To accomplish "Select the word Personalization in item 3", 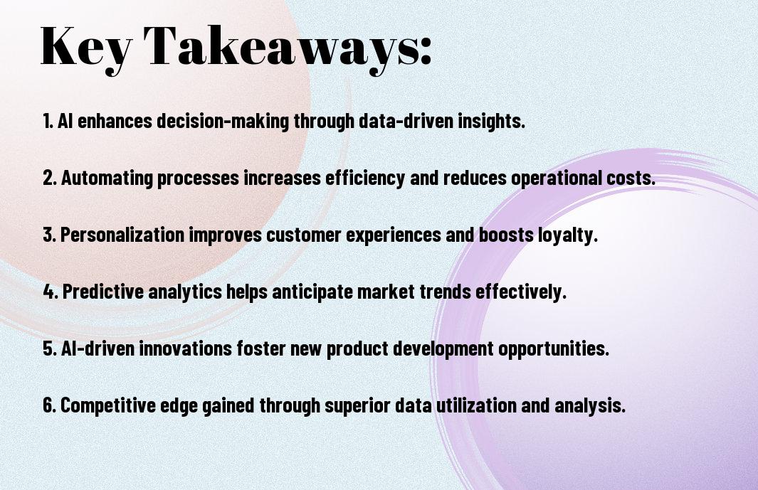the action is [x=122, y=235].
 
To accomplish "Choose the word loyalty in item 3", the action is [x=569, y=235].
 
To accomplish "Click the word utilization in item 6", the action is [x=476, y=405].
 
